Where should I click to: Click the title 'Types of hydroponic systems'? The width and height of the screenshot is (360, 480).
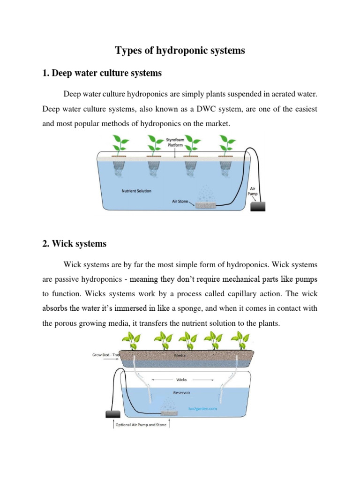(180, 51)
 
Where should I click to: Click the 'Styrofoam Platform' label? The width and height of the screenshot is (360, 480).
(178, 142)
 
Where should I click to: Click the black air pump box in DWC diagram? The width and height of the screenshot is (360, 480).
(257, 206)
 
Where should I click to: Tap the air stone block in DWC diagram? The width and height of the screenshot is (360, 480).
(204, 205)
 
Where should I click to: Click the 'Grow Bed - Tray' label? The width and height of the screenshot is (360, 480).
(105, 355)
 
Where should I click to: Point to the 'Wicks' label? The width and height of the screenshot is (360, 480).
(180, 380)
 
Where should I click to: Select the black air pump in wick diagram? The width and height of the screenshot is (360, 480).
(113, 414)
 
